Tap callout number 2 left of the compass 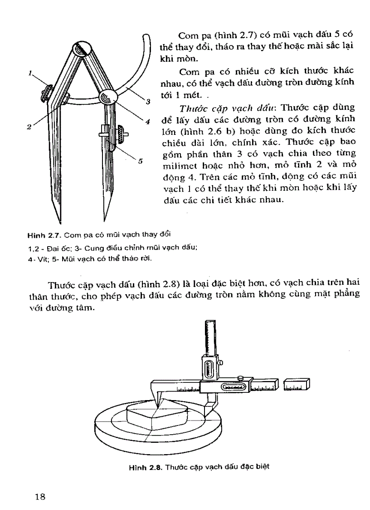28,127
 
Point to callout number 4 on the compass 147,121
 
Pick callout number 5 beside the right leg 141,160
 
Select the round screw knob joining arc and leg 109,97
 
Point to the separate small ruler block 296,385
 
